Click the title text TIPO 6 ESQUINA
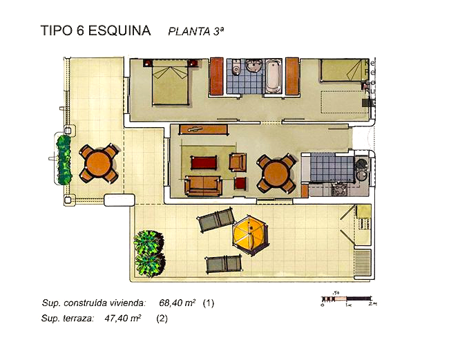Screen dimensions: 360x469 click(96, 30)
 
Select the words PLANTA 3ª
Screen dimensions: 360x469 click(196, 31)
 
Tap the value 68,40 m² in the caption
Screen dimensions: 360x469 click(178, 303)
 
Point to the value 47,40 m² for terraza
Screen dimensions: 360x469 click(123, 319)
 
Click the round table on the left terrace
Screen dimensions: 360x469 click(99, 163)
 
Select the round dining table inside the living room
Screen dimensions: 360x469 click(276, 173)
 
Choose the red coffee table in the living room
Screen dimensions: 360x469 click(204, 163)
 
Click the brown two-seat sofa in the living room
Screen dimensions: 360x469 click(204, 185)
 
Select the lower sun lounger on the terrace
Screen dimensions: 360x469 click(223, 263)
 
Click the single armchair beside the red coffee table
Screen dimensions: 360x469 click(237, 162)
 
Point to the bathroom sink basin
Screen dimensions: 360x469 click(253, 67)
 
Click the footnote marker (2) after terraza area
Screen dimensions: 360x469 click(162, 319)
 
